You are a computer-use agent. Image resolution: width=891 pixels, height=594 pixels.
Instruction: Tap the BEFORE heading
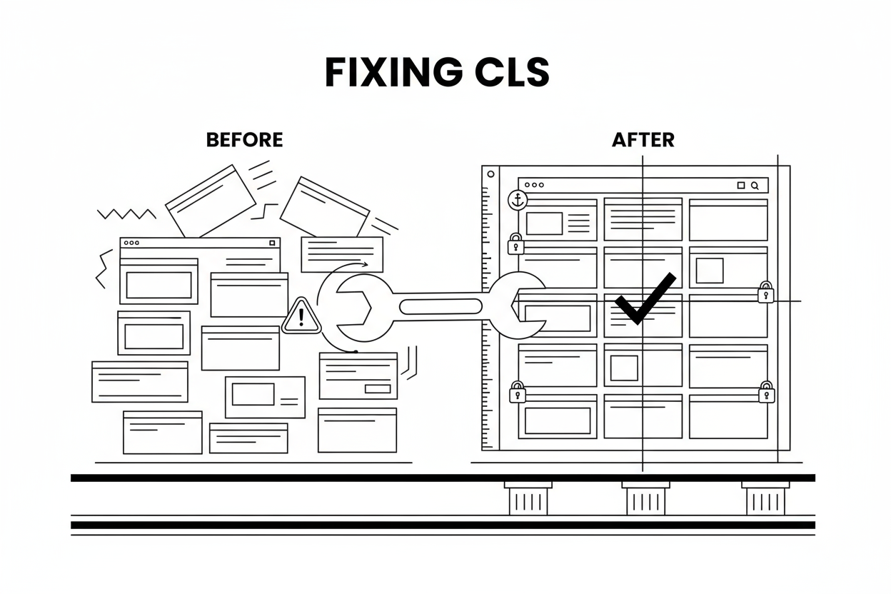coord(244,140)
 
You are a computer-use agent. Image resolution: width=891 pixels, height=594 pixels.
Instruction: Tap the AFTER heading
coord(643,140)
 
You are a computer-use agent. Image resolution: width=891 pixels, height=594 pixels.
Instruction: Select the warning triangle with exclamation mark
coord(302,316)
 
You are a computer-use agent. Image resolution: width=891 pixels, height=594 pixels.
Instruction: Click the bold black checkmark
coord(645,299)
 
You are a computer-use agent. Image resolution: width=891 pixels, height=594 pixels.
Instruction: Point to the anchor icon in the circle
coord(516,201)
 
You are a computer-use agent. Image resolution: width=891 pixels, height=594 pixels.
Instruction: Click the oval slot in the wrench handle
coord(441,307)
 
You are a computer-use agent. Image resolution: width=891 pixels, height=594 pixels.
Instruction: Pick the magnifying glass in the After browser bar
coord(755,185)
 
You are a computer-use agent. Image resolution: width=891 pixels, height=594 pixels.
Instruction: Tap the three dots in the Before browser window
coord(131,243)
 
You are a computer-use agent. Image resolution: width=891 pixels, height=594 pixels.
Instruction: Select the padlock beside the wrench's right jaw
coord(765,293)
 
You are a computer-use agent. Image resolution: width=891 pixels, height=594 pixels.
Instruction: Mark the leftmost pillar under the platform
coord(528,498)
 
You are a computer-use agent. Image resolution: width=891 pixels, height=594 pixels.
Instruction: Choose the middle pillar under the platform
coord(645,498)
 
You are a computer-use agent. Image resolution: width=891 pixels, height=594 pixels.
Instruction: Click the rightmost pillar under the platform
coord(765,498)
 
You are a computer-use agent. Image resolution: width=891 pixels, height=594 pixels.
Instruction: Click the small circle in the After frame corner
coord(490,173)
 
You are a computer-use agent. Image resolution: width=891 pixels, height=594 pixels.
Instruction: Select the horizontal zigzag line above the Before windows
coord(126,213)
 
